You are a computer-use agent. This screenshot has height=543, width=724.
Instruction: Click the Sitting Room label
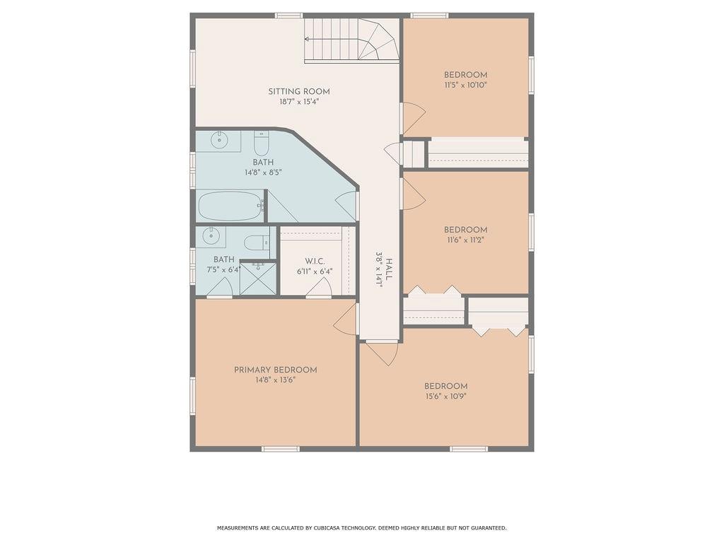point(299,91)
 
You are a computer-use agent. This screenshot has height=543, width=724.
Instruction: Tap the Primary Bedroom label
point(275,370)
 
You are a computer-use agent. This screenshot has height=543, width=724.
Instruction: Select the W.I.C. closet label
point(315,262)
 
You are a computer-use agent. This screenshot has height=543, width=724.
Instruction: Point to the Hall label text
point(390,269)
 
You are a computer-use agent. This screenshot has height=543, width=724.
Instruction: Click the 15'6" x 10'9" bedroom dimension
point(446,396)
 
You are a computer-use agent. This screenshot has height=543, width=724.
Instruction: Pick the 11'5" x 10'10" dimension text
point(465,85)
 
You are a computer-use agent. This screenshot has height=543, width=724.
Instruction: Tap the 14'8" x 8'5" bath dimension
point(263,173)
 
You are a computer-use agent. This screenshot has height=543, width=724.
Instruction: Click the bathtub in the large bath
point(230,206)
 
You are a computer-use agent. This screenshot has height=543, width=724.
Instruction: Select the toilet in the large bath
point(261,144)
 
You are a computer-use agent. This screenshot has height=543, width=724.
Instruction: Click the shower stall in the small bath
point(258,279)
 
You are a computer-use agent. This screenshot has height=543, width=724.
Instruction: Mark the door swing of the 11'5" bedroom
point(414,118)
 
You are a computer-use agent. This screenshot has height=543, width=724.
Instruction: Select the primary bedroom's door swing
point(345,317)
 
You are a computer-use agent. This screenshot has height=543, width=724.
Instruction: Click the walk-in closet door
point(319,288)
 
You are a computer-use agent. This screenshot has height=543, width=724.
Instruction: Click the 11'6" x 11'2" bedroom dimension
point(465,240)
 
